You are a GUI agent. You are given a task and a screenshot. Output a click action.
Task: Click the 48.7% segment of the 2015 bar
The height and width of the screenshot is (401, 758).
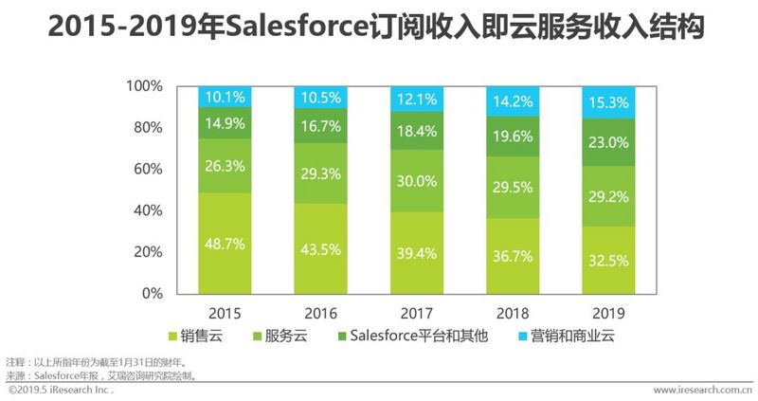pyautogui.click(x=226, y=244)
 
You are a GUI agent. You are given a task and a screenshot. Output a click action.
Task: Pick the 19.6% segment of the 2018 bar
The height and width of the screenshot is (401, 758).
pyautogui.click(x=513, y=136)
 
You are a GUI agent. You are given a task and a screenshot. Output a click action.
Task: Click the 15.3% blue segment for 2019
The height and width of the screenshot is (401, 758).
pyautogui.click(x=608, y=102)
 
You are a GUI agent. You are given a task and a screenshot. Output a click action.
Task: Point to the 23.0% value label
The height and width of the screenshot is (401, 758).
pyautogui.click(x=608, y=142)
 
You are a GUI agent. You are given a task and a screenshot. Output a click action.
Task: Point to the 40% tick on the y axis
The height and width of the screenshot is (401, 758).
pyautogui.click(x=148, y=210)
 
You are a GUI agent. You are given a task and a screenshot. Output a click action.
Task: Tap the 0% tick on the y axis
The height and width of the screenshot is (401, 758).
pyautogui.click(x=152, y=294)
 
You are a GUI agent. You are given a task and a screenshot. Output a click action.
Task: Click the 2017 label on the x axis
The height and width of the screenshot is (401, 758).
pyautogui.click(x=417, y=313)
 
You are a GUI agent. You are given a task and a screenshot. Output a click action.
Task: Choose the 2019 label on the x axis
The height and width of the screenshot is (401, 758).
pyautogui.click(x=608, y=313)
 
